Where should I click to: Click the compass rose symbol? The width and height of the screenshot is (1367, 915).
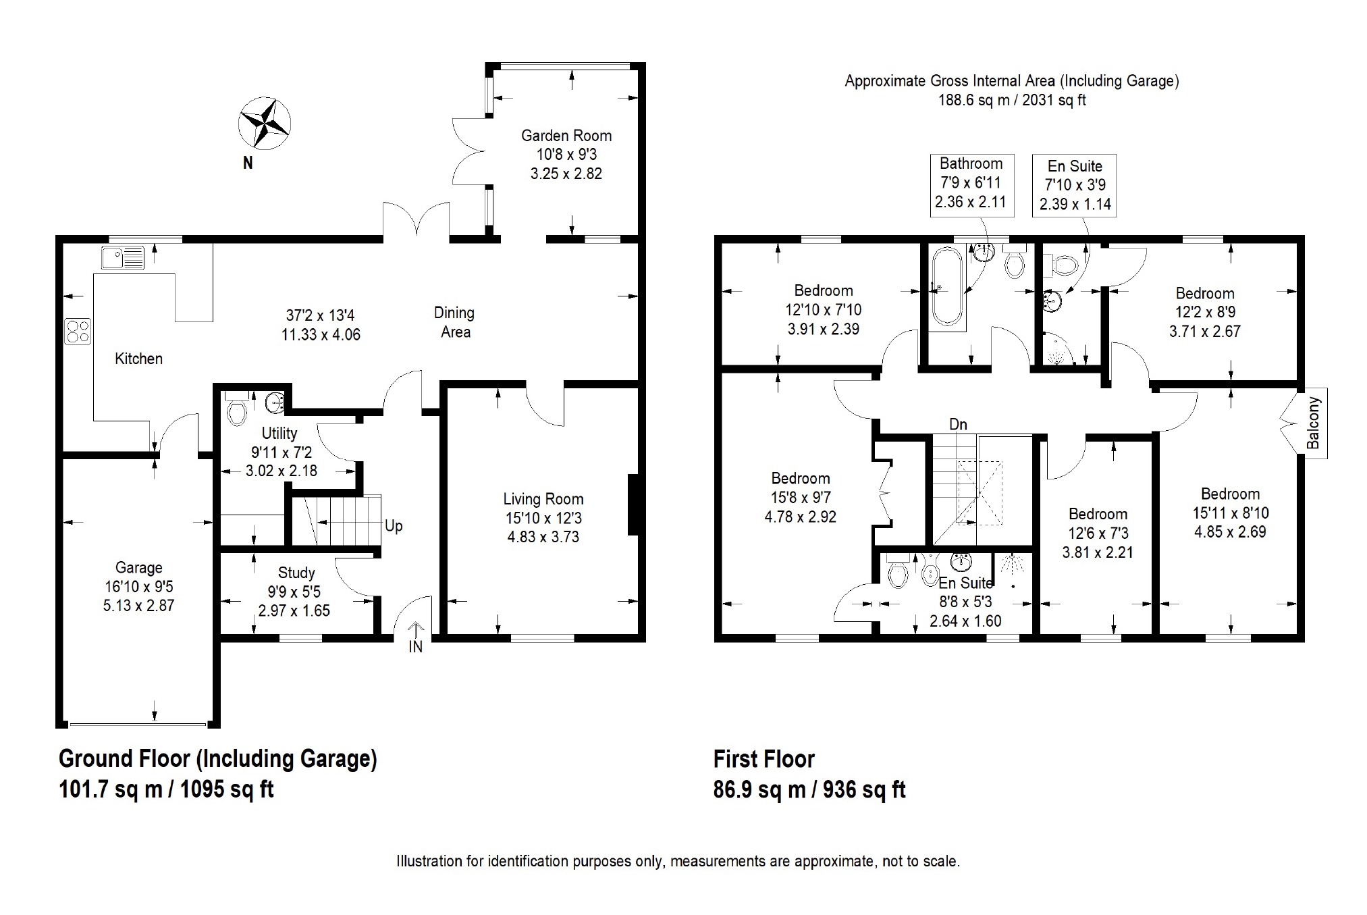click(x=264, y=122)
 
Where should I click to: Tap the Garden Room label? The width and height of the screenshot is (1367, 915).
click(x=566, y=136)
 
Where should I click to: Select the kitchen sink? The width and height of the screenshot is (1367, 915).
click(x=123, y=257)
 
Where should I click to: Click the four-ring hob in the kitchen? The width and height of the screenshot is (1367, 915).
click(x=78, y=332)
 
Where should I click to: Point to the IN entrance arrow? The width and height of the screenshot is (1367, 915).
click(x=416, y=630)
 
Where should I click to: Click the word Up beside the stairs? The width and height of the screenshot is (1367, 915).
click(x=394, y=525)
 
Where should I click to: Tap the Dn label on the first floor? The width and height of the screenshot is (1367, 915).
click(x=958, y=424)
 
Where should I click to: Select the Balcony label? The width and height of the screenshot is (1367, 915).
click(x=1313, y=423)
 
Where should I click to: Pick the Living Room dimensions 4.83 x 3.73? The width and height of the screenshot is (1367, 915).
click(x=543, y=537)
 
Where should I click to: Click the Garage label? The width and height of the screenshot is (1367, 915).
click(x=138, y=568)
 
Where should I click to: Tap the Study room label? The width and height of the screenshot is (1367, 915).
click(x=296, y=573)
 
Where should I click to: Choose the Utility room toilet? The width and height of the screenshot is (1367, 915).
click(x=236, y=408)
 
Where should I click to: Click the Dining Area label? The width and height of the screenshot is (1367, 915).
click(x=454, y=322)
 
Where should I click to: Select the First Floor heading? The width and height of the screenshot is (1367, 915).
click(x=764, y=759)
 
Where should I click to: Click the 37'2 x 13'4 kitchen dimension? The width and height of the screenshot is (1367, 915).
click(x=321, y=315)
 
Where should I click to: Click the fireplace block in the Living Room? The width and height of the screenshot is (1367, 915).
click(x=633, y=505)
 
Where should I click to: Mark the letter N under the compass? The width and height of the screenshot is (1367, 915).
click(x=248, y=163)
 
